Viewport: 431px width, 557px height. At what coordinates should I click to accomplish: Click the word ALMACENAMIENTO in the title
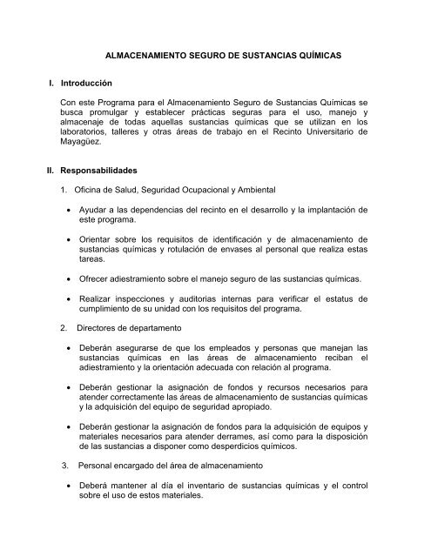[148, 54]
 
